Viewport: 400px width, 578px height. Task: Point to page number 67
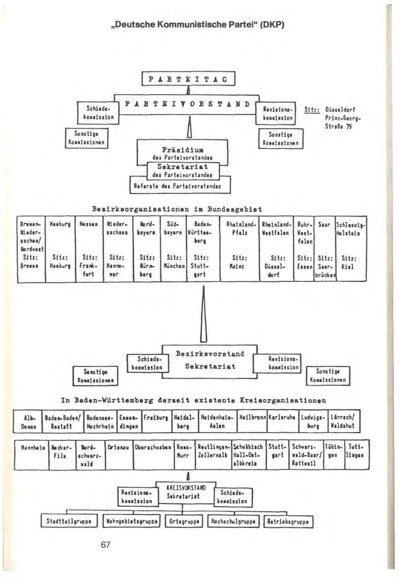pos(105,546)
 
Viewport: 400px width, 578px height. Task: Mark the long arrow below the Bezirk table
pos(203,311)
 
